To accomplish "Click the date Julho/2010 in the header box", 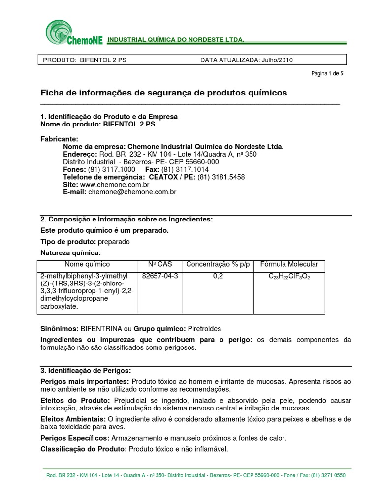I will [278, 60].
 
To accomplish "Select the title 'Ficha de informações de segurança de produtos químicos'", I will [163, 93].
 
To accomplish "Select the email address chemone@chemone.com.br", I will [131, 192].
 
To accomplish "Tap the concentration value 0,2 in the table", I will [218, 276].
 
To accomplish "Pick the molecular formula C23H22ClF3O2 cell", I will [289, 277].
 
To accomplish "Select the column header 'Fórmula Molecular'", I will [289, 264].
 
